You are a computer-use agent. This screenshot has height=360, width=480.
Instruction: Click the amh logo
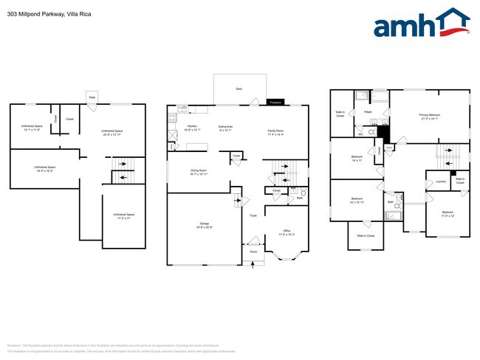pos(421,24)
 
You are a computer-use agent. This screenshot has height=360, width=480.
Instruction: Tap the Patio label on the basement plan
pos(92,97)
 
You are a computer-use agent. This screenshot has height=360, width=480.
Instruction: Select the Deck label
pos(239,89)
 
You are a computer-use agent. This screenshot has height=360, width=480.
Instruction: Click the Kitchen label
pos(192,126)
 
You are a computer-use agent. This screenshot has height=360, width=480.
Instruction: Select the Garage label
pos(204,224)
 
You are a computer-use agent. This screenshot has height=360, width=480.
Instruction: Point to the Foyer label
pos(253,215)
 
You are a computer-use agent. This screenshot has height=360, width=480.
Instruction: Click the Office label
pos(287,231)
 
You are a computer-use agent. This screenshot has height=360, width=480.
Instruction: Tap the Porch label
pos(253,252)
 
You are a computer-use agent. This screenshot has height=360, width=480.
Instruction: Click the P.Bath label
pos(367,111)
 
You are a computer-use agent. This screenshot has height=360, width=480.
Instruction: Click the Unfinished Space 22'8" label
pos(112,131)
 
